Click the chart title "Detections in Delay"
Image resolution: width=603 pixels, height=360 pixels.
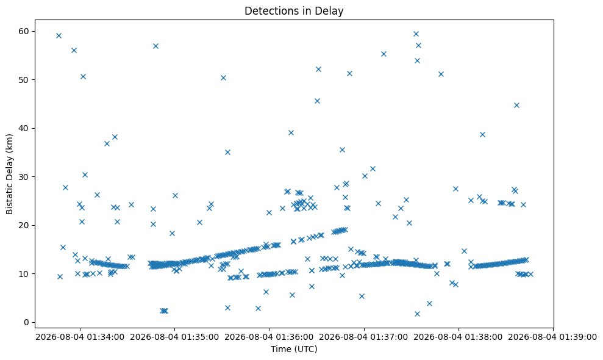(294, 11)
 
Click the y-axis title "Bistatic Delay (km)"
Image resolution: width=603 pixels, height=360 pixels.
(10, 174)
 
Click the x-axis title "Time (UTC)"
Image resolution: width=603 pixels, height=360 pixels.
(294, 349)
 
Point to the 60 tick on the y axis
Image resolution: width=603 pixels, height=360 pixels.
(24, 31)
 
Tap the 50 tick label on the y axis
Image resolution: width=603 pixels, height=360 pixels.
(24, 80)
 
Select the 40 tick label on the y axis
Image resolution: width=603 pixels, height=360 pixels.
(24, 128)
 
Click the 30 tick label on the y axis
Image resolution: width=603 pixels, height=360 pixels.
(24, 177)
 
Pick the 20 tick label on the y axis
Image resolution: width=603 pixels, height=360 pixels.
(24, 225)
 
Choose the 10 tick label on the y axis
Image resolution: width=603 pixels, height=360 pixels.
(24, 274)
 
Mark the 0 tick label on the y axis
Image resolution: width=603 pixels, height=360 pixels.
(27, 322)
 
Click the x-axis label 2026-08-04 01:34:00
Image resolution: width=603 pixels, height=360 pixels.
(80, 337)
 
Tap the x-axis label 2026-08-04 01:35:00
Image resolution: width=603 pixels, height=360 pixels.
(174, 337)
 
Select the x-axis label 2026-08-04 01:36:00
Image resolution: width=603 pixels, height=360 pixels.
(269, 337)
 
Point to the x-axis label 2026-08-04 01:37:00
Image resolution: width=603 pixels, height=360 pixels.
(364, 337)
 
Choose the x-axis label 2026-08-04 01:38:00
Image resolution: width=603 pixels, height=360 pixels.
(458, 337)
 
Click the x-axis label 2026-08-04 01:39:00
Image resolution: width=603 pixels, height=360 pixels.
(553, 337)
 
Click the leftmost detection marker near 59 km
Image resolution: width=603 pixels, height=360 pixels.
(59, 36)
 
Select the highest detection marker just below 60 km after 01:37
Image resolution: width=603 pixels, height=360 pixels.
(416, 34)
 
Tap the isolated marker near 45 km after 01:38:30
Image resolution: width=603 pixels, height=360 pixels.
(516, 105)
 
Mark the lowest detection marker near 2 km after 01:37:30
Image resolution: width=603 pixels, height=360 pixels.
(417, 314)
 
